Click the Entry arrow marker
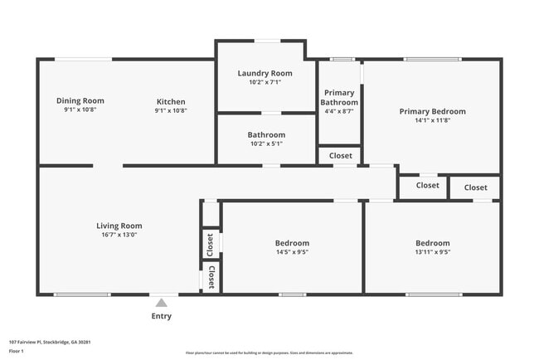(x=162, y=303)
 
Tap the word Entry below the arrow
(x=162, y=316)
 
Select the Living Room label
(x=119, y=226)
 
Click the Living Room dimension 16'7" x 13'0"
(x=119, y=235)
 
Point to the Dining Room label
(x=80, y=100)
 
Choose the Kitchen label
(x=171, y=101)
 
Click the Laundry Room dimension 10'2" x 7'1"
(x=265, y=82)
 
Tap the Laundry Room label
(x=265, y=73)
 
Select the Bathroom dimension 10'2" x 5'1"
(x=266, y=144)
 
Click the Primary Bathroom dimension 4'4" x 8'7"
(x=339, y=110)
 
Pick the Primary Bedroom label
(x=432, y=111)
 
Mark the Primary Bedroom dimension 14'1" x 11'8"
(x=432, y=120)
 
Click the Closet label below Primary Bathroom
(x=340, y=155)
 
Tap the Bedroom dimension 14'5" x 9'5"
(x=292, y=252)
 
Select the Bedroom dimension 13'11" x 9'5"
(x=432, y=252)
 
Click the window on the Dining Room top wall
(x=83, y=59)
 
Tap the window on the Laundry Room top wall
(x=266, y=41)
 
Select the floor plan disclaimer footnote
(x=269, y=353)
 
